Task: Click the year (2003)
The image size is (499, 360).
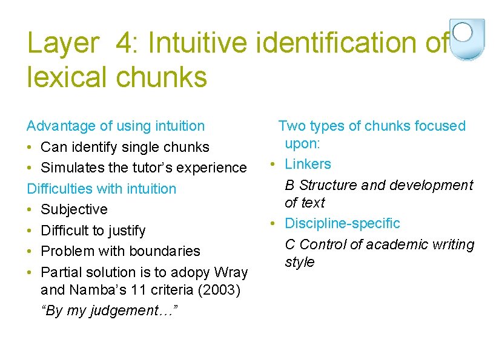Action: [x=219, y=290]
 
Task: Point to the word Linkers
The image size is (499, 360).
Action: [x=308, y=164]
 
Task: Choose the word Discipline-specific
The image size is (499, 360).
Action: [x=342, y=223]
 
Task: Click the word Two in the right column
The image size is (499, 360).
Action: [x=292, y=126]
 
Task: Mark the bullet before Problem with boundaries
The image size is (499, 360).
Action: [x=30, y=251]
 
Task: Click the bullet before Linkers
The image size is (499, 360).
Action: [x=274, y=164]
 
